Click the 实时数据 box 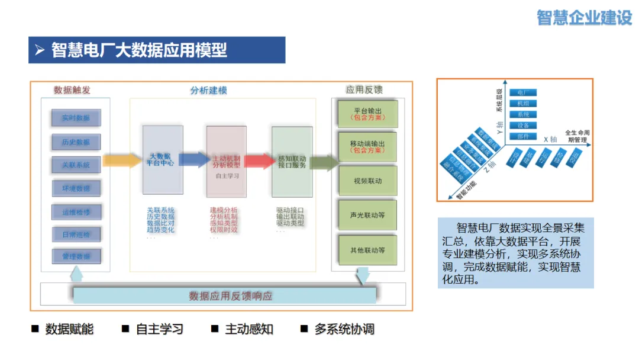[76, 118]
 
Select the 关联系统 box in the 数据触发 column [76, 165]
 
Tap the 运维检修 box [76, 211]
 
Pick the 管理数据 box [76, 256]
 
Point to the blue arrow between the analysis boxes [193, 160]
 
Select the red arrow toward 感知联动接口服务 [258, 161]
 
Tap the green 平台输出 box [367, 114]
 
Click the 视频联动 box [367, 181]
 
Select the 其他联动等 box [367, 250]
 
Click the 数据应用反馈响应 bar [231, 295]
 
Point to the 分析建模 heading [208, 91]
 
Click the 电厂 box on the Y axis [522, 93]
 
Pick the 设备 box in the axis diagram [522, 126]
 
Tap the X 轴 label [550, 138]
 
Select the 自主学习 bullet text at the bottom [159, 329]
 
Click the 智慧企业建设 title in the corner [585, 18]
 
